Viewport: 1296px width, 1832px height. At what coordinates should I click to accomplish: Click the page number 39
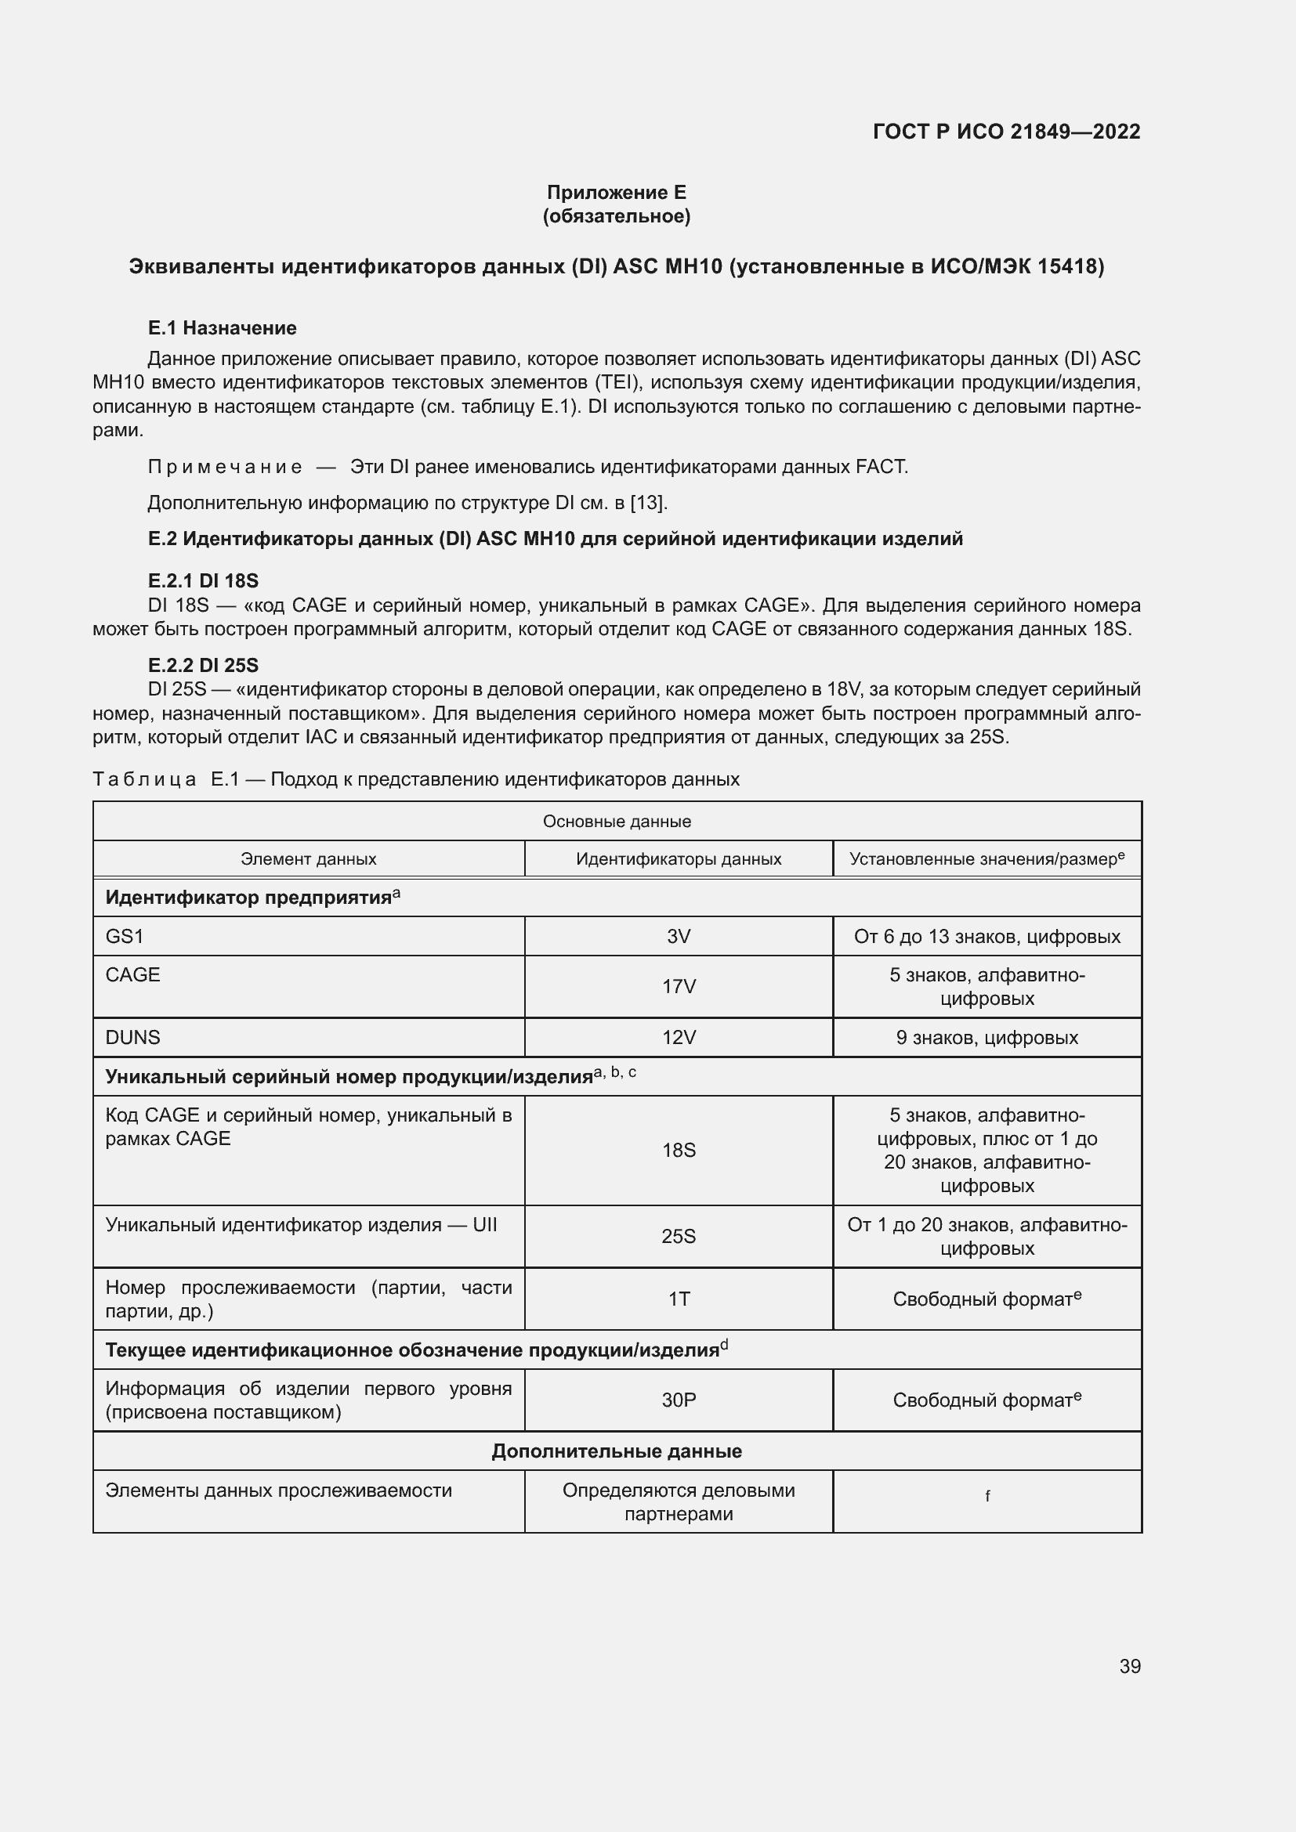coord(1129,1666)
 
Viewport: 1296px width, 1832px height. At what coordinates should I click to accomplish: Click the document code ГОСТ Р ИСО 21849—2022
coord(1006,132)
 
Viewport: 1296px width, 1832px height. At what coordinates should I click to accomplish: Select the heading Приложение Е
coord(616,193)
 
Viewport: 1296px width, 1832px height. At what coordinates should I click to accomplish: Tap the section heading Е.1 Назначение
coord(222,328)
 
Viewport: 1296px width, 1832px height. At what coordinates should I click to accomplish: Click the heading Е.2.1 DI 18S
coord(203,581)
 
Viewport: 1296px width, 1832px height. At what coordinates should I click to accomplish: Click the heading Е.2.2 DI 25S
coord(203,666)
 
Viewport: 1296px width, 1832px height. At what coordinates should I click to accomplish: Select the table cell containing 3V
coord(679,937)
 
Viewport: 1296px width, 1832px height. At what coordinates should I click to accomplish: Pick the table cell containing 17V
coord(679,987)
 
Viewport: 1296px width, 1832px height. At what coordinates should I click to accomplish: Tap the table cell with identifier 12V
coord(679,1038)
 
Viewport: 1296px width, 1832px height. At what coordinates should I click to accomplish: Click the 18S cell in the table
coord(679,1150)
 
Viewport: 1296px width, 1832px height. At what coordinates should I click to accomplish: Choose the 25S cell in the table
coord(679,1236)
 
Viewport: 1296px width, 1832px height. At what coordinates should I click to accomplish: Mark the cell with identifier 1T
coord(679,1299)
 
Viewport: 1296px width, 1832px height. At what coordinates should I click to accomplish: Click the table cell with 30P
coord(679,1400)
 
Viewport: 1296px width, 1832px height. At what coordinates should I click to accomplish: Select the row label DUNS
coord(133,1038)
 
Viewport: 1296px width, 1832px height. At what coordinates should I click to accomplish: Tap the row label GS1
coord(125,937)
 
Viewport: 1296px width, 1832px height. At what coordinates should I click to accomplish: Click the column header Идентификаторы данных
coord(679,859)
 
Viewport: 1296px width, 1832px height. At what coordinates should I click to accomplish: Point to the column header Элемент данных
coord(308,859)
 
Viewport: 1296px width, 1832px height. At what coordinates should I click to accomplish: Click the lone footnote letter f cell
coord(987,1496)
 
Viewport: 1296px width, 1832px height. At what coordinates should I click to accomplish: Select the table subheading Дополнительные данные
coord(616,1451)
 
